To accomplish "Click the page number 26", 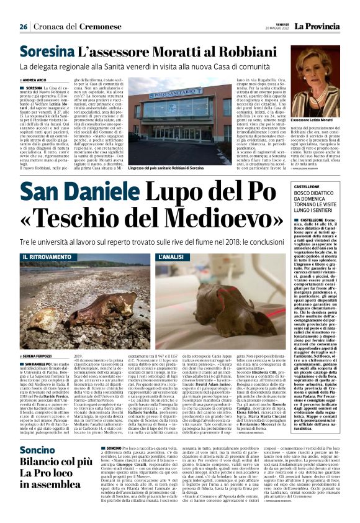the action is [x=23, y=27].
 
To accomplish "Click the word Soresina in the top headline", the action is [x=47, y=53].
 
